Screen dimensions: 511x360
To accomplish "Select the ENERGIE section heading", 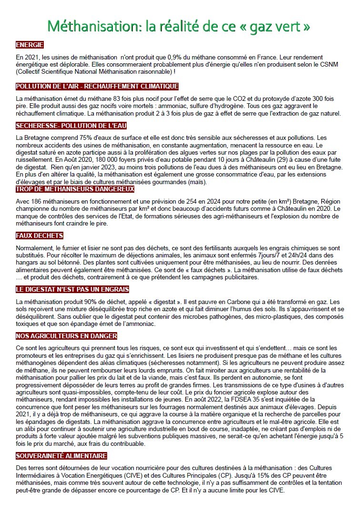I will (30, 45).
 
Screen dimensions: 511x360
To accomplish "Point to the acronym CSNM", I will (329, 64).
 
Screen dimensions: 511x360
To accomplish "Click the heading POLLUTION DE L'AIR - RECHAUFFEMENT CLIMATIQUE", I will (97, 86).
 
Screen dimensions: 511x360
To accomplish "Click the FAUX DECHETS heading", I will (40, 236).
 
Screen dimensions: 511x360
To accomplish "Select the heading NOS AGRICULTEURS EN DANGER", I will (66, 336).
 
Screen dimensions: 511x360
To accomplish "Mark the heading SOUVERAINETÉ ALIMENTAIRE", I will (61, 456).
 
